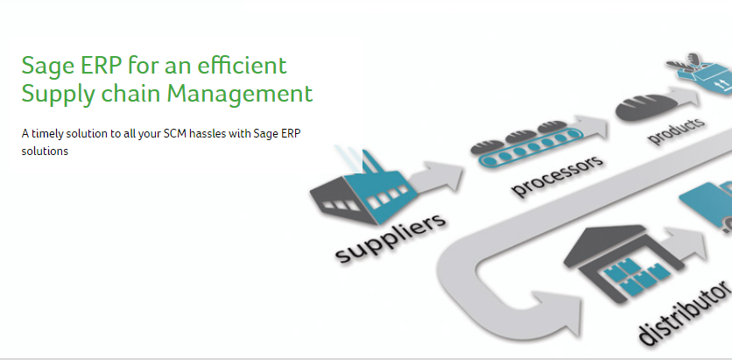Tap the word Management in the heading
pos(240,94)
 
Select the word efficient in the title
pos(242,66)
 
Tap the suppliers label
pos(391,238)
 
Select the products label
pos(675,131)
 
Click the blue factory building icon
pos(361,187)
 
